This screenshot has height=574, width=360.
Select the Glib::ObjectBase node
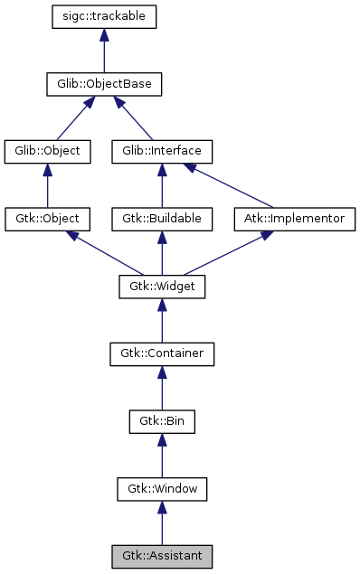point(105,85)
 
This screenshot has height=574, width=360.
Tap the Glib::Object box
point(48,151)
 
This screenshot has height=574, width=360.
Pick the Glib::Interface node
point(162,151)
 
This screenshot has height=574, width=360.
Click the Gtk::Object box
point(48,219)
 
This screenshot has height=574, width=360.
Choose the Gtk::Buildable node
point(162,219)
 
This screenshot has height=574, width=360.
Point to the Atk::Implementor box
point(296,219)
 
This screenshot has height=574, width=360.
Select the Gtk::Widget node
point(162,287)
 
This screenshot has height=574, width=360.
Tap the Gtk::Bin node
point(162,422)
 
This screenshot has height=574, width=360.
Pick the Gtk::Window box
point(162,490)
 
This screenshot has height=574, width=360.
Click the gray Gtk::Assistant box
point(162,554)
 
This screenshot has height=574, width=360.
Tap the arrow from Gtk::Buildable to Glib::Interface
point(162,185)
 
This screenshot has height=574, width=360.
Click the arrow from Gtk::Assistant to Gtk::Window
point(162,523)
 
